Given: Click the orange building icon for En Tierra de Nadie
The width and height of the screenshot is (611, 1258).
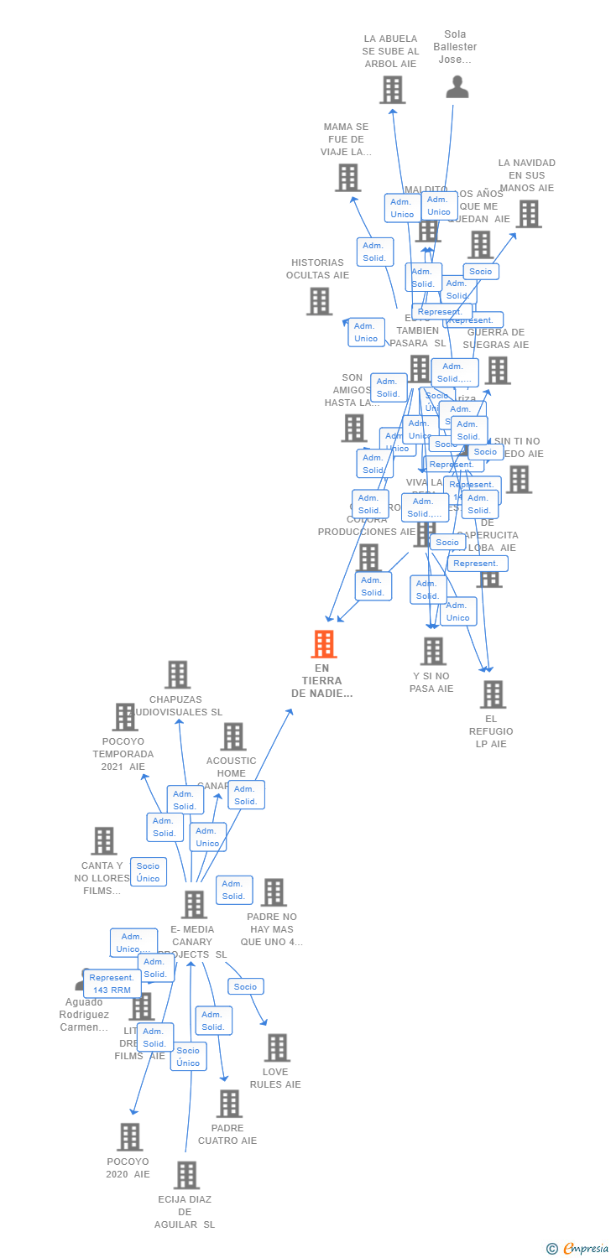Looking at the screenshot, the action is click(323, 644).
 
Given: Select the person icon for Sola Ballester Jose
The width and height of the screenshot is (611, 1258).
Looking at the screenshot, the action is click(457, 87).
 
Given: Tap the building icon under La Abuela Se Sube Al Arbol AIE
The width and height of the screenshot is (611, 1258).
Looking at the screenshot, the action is click(392, 90).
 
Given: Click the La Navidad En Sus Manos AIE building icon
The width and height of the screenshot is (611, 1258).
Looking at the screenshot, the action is click(528, 214).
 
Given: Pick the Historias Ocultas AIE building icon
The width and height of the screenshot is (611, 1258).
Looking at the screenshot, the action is click(319, 301).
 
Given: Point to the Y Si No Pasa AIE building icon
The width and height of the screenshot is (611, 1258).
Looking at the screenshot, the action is click(433, 651).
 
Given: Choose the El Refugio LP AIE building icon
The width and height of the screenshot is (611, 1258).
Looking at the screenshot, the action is click(493, 694).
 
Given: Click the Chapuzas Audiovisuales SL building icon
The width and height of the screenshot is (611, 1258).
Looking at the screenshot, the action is click(177, 674).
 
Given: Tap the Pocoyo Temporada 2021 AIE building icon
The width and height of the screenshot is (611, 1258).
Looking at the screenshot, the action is click(125, 717).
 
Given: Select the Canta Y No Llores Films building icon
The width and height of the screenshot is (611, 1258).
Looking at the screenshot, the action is click(103, 840).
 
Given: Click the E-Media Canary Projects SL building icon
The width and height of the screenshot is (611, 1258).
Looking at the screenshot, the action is click(194, 904).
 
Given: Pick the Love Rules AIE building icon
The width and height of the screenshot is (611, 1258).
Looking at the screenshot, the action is click(277, 1047).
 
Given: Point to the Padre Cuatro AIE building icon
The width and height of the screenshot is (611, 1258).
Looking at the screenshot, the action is click(229, 1104).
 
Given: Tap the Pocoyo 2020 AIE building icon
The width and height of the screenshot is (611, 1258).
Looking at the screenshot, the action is click(129, 1136).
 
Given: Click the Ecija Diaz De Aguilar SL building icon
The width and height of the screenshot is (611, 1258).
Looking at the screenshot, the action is click(186, 1175).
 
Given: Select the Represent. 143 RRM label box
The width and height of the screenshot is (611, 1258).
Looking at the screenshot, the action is click(112, 984).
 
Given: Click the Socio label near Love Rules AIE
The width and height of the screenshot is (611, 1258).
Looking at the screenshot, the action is click(245, 986).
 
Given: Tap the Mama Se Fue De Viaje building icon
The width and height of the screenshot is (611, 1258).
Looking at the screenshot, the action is click(347, 178).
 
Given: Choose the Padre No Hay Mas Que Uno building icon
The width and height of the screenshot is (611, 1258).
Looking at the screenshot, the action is click(274, 892).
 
